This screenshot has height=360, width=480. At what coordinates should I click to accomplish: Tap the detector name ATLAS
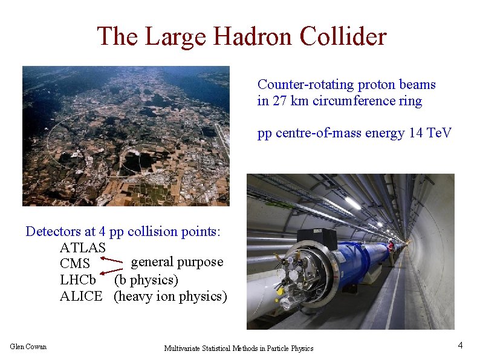[x=83, y=248]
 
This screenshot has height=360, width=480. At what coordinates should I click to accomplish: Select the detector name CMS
[x=75, y=264]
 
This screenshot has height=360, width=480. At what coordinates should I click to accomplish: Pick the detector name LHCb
[x=78, y=281]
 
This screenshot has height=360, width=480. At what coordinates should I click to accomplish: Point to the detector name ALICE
[x=81, y=296]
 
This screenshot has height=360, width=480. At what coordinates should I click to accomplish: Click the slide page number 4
[x=460, y=345]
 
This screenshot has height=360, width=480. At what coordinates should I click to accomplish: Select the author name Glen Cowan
[x=28, y=346]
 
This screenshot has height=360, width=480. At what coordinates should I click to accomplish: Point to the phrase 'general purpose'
[x=177, y=262]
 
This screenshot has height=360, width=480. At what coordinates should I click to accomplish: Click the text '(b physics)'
[x=146, y=281]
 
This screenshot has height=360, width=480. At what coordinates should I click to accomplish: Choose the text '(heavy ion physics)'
[x=170, y=296]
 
